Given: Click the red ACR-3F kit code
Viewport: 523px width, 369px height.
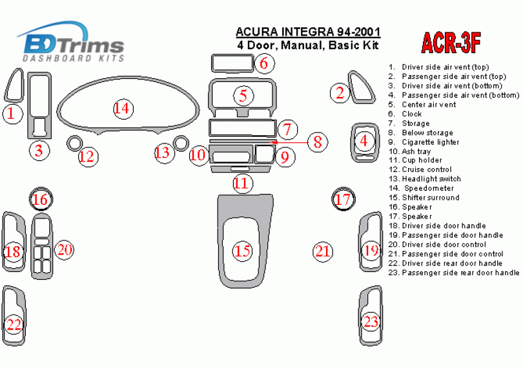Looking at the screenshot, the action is click(x=451, y=43).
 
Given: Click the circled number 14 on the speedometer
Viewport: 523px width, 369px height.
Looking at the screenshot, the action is click(x=123, y=109).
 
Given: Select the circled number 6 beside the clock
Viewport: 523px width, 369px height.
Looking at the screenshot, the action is click(x=265, y=63).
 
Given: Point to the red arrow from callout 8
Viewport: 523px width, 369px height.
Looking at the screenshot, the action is click(x=289, y=143).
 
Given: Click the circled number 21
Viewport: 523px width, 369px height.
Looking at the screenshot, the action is click(x=323, y=251).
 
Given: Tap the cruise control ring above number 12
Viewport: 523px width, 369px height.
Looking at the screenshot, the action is click(x=74, y=143).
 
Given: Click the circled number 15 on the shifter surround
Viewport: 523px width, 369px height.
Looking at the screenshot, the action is click(x=243, y=251).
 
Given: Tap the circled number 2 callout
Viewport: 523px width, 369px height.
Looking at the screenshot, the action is click(x=340, y=93).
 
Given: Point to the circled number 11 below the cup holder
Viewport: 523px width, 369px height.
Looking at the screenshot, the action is click(x=243, y=184).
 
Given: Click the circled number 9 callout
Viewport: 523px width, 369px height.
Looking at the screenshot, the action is click(x=285, y=156).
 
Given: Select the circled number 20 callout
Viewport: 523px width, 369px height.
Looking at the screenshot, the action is click(x=65, y=249).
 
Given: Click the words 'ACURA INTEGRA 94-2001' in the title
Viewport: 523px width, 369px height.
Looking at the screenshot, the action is click(x=308, y=32).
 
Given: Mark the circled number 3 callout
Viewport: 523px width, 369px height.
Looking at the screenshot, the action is click(x=39, y=151).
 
